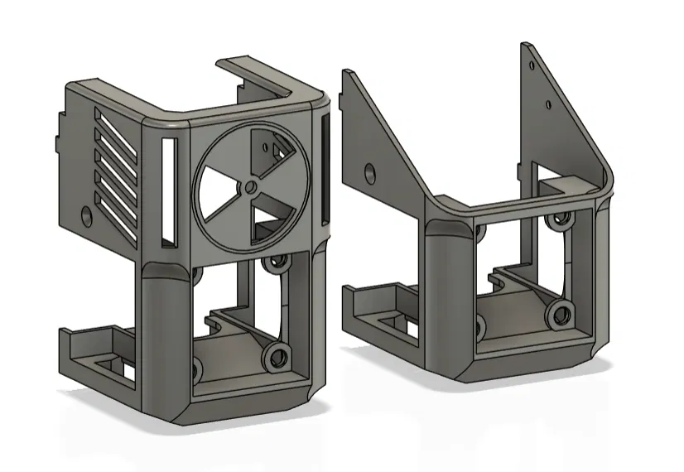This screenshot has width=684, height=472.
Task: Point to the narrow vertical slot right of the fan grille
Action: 323,170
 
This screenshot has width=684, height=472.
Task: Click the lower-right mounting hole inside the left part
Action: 272,359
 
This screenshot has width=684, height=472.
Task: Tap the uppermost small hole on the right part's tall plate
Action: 532,60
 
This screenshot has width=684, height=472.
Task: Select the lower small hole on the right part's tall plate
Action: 548,104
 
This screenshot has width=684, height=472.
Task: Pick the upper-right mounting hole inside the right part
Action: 562,218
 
